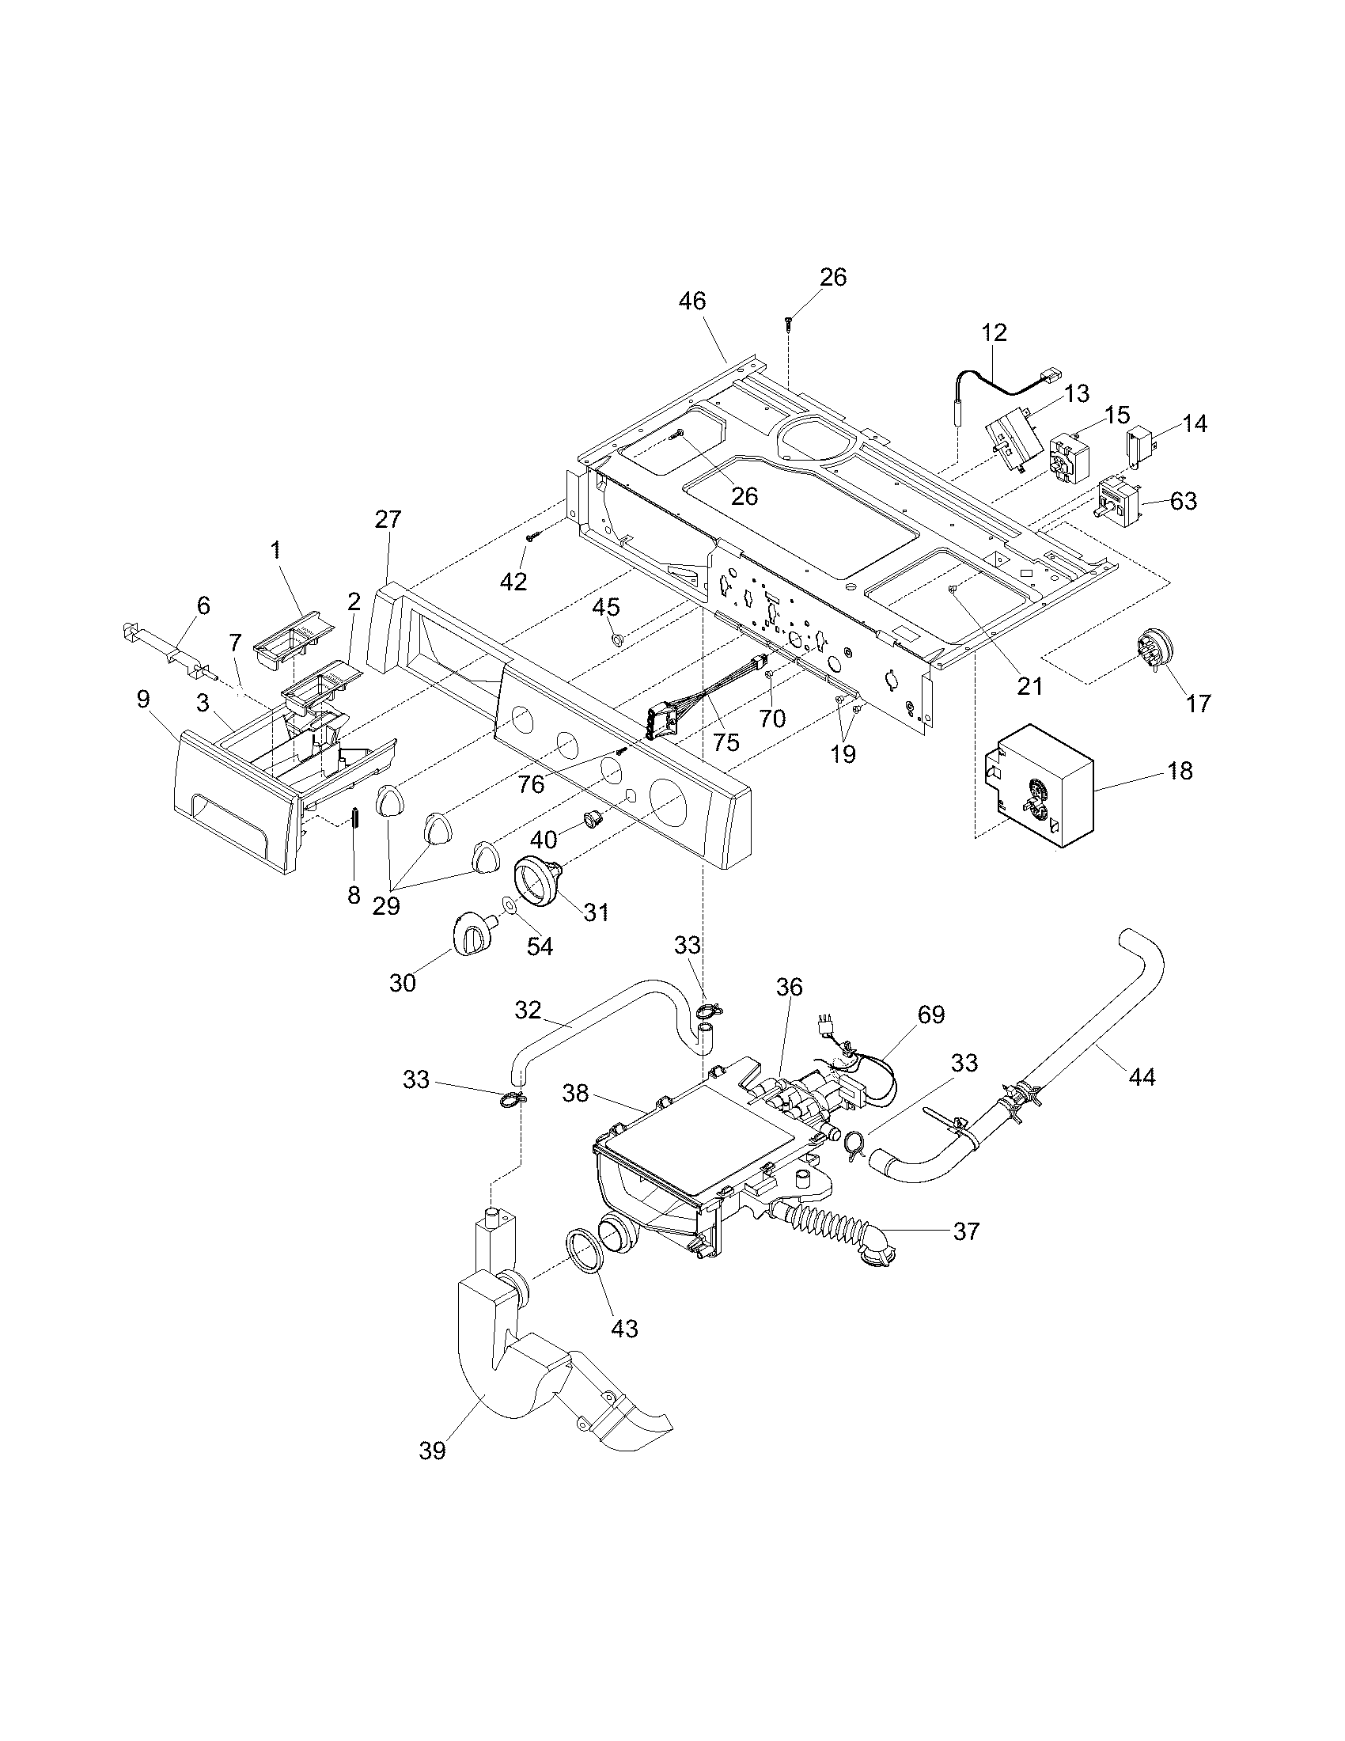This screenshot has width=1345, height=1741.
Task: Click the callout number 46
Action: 692,302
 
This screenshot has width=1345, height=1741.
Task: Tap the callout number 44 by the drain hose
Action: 1141,1078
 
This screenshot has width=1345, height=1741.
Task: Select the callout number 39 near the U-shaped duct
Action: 432,1451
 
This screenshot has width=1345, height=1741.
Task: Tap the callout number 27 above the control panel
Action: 388,520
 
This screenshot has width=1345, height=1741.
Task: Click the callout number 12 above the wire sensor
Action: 995,332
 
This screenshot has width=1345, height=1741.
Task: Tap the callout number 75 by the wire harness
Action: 726,742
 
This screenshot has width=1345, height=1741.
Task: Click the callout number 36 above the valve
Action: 790,988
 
